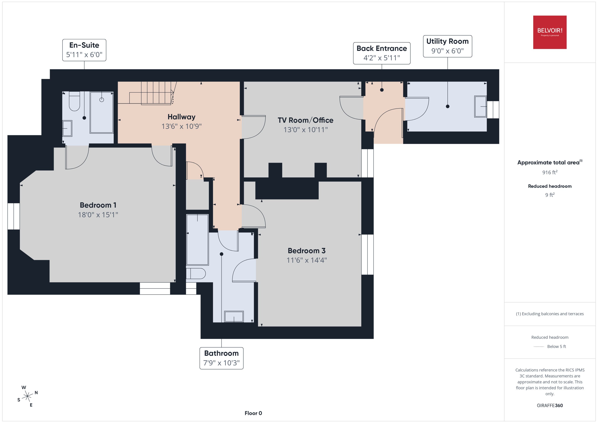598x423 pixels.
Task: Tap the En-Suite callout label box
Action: (84, 50)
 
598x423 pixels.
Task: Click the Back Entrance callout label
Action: (382, 53)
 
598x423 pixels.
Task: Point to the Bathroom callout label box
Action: (221, 358)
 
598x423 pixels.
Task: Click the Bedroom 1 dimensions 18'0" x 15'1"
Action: (98, 215)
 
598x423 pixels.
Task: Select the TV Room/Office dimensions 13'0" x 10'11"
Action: (305, 129)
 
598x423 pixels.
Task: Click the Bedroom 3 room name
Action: (306, 251)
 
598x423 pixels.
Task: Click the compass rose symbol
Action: (27, 396)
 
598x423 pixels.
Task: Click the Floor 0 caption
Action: (253, 413)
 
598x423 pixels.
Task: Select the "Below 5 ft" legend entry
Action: (556, 346)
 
